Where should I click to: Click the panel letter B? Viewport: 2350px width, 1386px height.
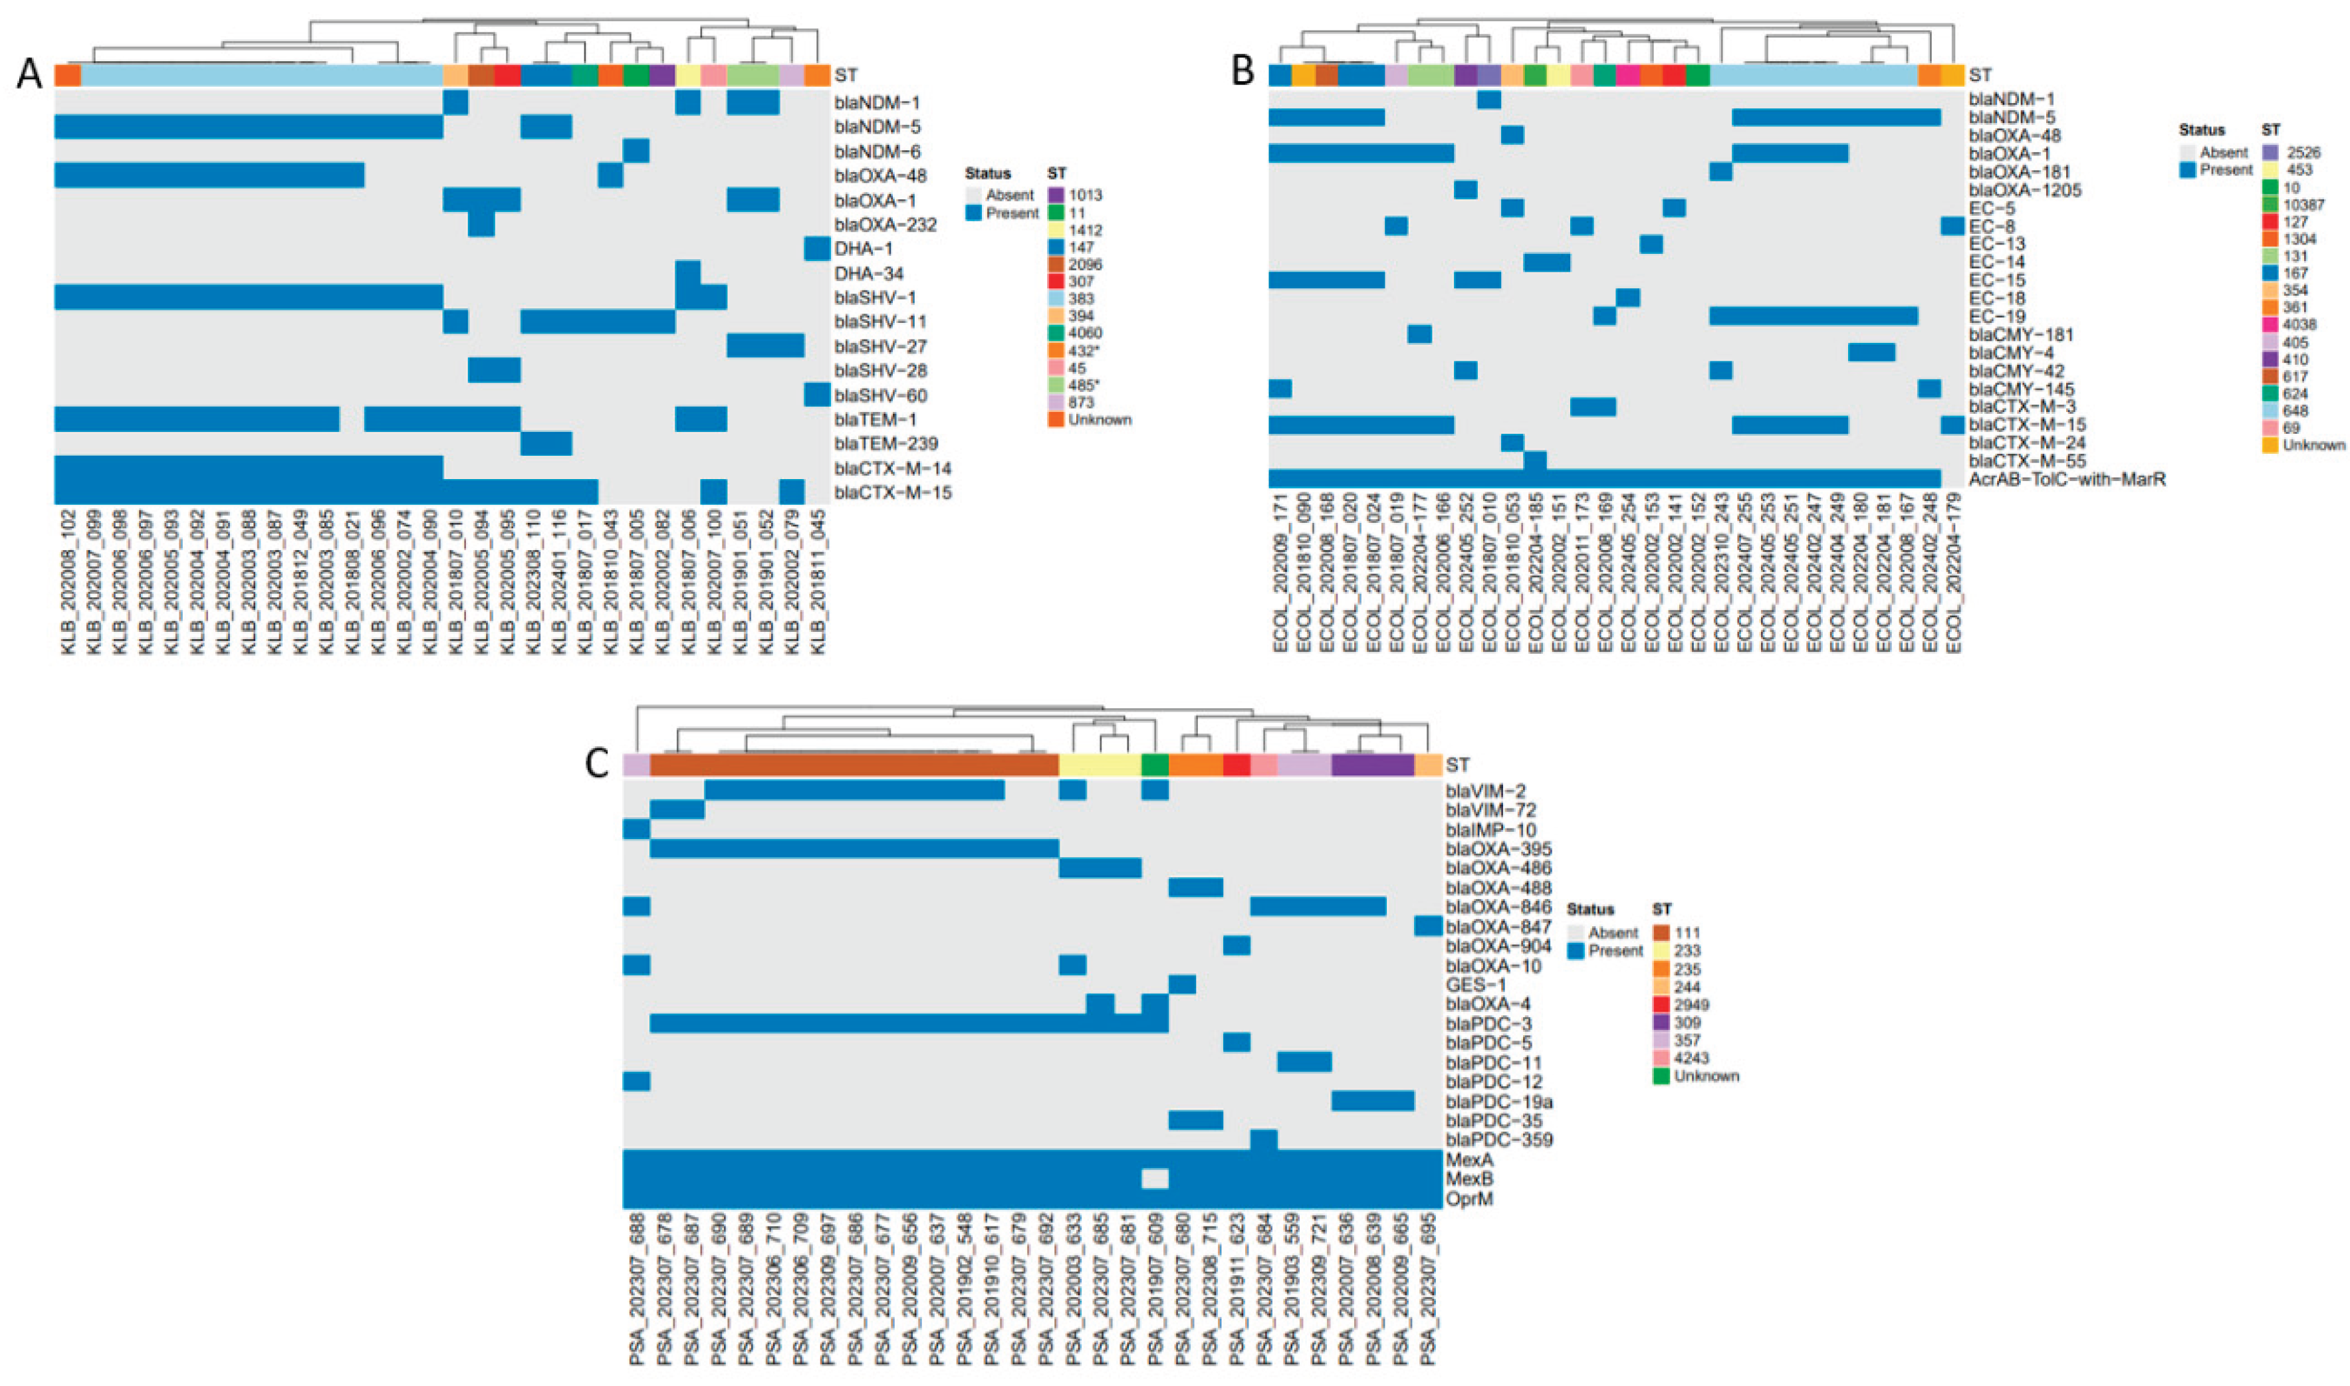tap(1242, 70)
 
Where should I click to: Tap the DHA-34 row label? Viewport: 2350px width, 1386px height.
tap(869, 274)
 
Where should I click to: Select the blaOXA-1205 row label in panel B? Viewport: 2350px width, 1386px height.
tap(2022, 191)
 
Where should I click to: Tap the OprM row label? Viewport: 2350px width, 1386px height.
tap(1469, 1198)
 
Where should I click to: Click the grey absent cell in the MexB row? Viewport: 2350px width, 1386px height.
tap(1155, 1179)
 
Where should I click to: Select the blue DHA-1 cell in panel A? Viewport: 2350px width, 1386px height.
tap(816, 249)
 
